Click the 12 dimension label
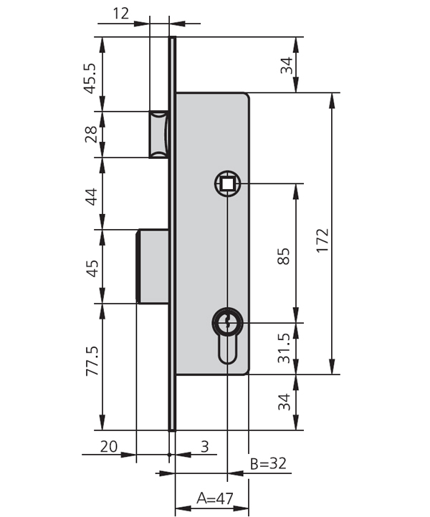[x=121, y=13]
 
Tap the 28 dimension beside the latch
[x=91, y=134]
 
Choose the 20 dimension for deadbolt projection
[x=109, y=446]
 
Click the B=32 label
[x=269, y=463]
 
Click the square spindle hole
[x=227, y=184]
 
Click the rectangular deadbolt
[x=153, y=266]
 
